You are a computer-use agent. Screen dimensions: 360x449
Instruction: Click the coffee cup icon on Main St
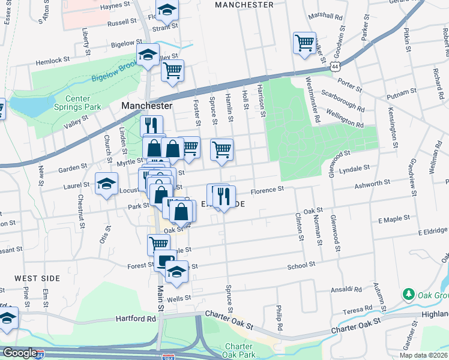[x=164, y=260]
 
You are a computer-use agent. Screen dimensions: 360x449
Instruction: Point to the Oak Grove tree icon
[x=408, y=295]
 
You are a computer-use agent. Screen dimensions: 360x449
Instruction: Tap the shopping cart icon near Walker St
[x=304, y=43]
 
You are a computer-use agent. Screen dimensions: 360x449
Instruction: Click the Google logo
[x=20, y=353]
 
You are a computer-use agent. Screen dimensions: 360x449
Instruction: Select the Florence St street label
[x=267, y=190]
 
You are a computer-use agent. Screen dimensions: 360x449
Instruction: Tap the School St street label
[x=301, y=265]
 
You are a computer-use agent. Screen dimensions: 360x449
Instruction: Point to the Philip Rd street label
[x=280, y=315]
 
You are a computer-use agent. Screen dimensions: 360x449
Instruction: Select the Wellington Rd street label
[x=345, y=119]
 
